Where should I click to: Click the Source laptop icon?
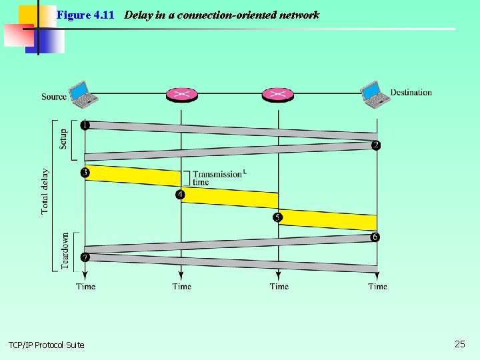point(84,94)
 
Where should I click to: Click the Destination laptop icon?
point(375,95)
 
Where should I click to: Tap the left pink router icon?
point(181,95)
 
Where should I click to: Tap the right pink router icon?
point(278,95)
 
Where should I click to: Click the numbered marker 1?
point(85,125)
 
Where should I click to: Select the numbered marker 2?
point(376,145)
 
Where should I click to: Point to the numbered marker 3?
point(85,173)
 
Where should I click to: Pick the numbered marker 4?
point(181,195)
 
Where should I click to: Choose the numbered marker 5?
point(278,217)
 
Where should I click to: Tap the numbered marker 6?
point(375,237)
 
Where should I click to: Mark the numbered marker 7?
point(85,257)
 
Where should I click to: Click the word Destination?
point(411,93)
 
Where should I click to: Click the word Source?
point(54,97)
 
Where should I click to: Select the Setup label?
point(63,139)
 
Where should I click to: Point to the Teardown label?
point(65,251)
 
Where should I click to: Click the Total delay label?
point(45,191)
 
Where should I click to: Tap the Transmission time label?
point(217,178)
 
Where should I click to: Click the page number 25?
point(460,344)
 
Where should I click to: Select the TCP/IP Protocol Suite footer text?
point(47,345)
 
